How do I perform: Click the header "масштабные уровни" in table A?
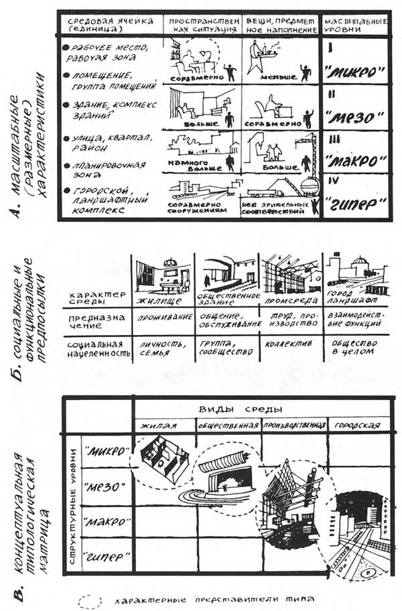click(352, 25)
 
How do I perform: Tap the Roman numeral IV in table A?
click(330, 180)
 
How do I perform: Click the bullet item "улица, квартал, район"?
click(109, 143)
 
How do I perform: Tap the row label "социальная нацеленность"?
click(95, 346)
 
